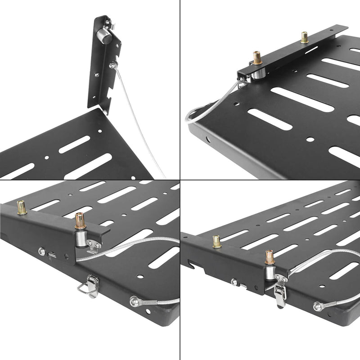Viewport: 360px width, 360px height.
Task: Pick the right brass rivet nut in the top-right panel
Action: point(305,37)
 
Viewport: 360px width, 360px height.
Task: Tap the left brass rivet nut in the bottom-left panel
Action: point(21,207)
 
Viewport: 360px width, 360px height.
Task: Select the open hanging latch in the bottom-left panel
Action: point(89,287)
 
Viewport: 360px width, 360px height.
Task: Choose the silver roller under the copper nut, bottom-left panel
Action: point(79,238)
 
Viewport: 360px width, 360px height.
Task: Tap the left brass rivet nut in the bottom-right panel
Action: point(217,242)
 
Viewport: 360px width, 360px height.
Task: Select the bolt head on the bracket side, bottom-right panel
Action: point(234,282)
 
